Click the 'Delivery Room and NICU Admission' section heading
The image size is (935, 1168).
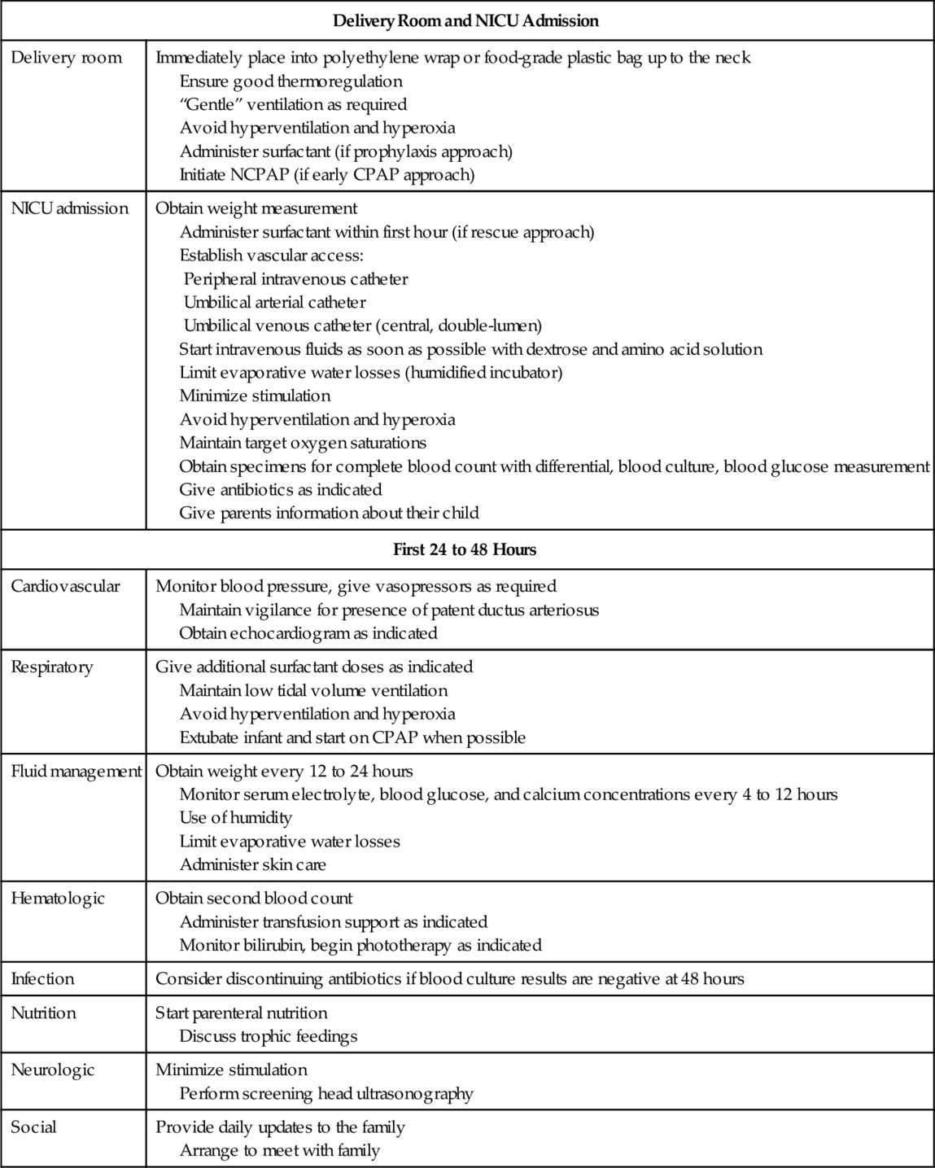point(467,21)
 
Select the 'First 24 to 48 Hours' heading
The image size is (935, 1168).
point(465,549)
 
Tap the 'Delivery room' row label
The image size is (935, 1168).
point(66,58)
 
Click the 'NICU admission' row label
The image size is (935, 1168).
point(69,208)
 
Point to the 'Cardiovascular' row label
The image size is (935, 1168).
point(65,586)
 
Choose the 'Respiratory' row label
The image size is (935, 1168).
point(52,667)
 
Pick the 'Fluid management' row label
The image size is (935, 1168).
point(76,772)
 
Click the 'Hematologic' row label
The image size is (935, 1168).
point(58,899)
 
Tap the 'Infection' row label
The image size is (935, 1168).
point(42,979)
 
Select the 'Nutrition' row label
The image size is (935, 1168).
point(43,1013)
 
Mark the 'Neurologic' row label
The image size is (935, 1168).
point(53,1070)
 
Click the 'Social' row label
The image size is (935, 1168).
point(33,1127)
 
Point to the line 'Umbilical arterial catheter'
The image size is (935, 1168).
point(274,303)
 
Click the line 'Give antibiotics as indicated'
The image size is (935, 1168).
point(280,490)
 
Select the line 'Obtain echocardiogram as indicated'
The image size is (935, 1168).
point(308,633)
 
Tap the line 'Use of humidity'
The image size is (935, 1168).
point(235,818)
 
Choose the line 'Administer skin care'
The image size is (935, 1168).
point(252,865)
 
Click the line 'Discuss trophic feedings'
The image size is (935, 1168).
point(268,1037)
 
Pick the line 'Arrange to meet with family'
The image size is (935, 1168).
point(279,1151)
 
